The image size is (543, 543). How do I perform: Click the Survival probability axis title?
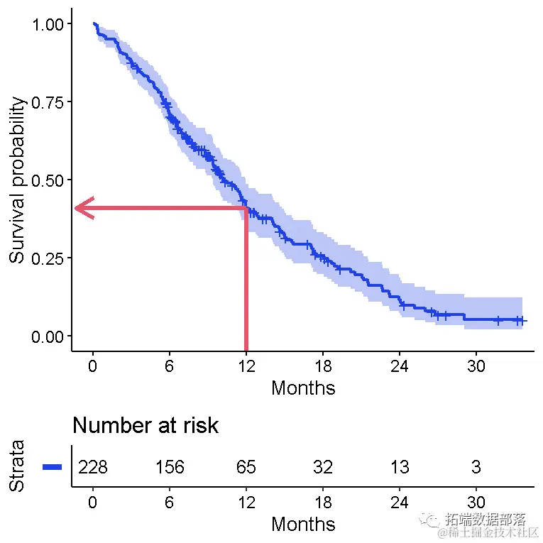tap(18, 180)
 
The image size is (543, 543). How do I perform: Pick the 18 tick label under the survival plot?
tap(323, 367)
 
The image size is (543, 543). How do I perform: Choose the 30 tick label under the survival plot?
tap(476, 367)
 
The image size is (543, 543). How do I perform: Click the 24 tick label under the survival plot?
tap(400, 367)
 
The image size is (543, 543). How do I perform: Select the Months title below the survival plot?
tap(303, 388)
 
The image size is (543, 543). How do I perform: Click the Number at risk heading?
tap(146, 426)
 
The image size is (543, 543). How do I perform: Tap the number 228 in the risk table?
tap(93, 467)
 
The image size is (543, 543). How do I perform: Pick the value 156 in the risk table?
tap(170, 467)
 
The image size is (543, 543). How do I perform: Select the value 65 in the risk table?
tap(246, 467)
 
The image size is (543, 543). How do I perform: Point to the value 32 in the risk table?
tap(323, 467)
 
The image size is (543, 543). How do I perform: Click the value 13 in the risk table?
tap(400, 467)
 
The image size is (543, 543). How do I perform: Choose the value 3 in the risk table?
tap(476, 467)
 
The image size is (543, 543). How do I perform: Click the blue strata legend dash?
tap(53, 467)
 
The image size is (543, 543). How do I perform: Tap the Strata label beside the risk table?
tap(18, 466)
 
